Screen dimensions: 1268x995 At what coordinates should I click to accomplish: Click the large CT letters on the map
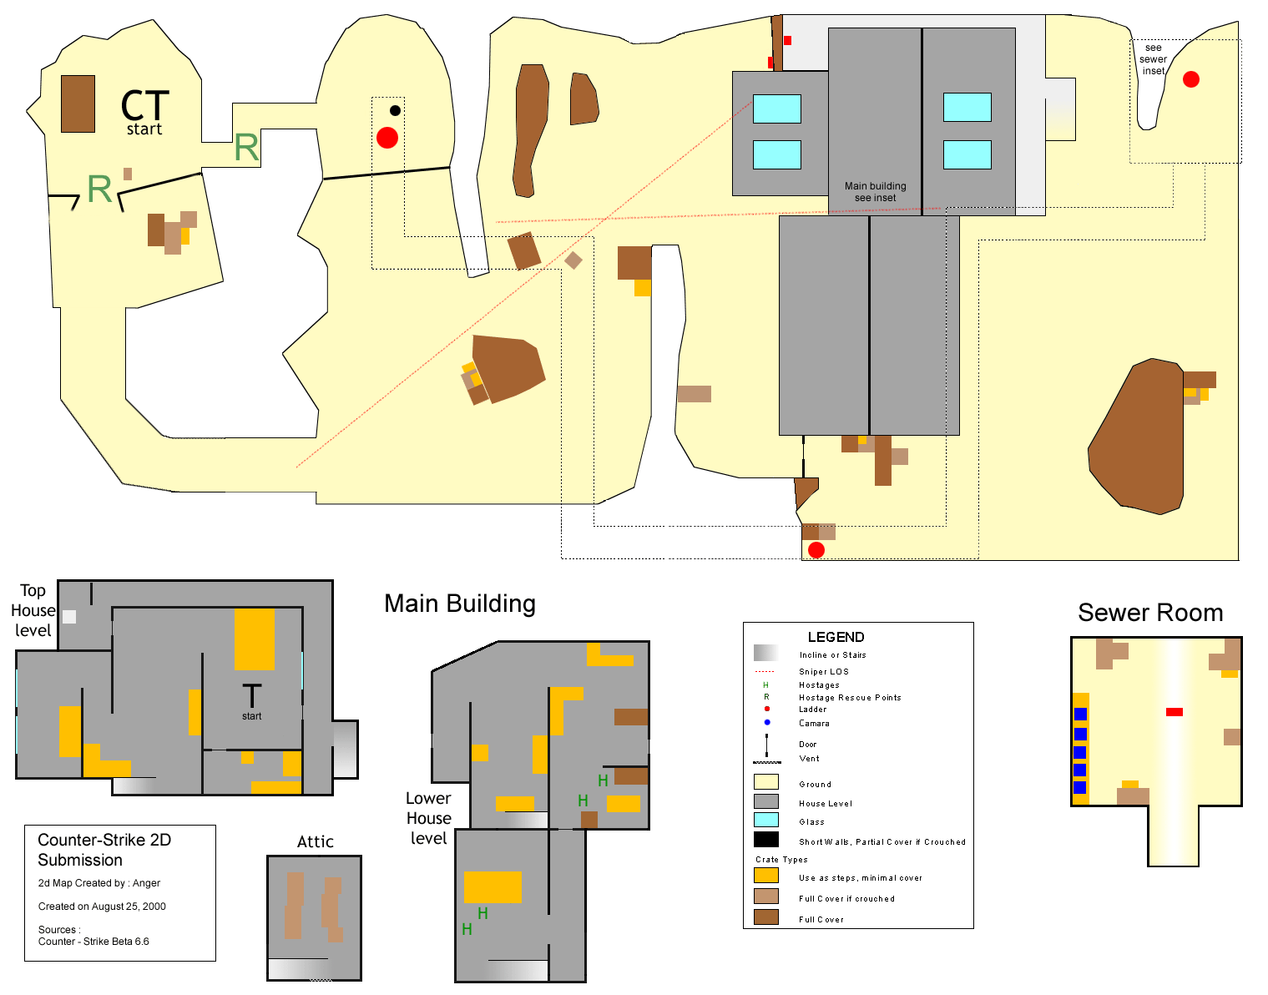tap(145, 105)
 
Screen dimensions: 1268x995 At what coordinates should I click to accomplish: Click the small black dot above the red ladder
tap(395, 110)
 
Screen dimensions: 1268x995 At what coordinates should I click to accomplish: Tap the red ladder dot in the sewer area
tap(1191, 79)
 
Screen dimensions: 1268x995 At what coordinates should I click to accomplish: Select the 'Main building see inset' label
tap(875, 192)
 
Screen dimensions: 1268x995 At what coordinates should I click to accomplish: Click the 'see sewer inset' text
tap(1153, 59)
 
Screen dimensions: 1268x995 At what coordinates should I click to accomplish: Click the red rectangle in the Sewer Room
tap(1174, 711)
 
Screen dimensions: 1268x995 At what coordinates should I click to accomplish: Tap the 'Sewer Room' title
tap(1150, 613)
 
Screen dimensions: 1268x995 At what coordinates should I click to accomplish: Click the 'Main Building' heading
tap(460, 604)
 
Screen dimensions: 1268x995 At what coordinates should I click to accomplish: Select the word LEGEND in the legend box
tap(836, 637)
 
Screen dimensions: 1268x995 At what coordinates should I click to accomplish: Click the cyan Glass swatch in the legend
tap(765, 820)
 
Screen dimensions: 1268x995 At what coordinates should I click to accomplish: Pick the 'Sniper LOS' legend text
tap(823, 672)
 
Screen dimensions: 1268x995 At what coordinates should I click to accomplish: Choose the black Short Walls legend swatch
tap(765, 839)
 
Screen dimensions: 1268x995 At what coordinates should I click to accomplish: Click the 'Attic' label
tap(315, 841)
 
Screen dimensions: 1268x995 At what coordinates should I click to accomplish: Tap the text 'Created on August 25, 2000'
tap(102, 907)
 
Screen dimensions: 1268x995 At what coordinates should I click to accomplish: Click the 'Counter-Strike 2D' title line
tap(104, 840)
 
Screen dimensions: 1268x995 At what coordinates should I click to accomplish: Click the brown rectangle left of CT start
tap(78, 104)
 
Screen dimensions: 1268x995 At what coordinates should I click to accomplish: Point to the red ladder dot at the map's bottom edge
tap(816, 550)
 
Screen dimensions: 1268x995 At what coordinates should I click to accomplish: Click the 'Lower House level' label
tap(428, 818)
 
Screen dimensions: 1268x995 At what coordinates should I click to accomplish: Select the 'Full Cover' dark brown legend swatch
tap(765, 917)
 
